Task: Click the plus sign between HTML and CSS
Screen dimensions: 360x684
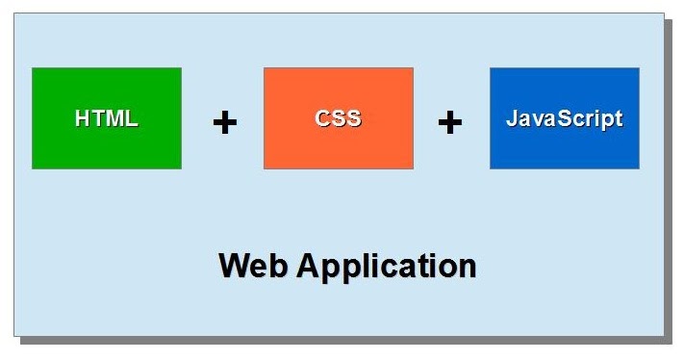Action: click(224, 122)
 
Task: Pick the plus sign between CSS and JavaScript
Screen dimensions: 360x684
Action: click(450, 122)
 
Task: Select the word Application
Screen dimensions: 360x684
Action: click(386, 266)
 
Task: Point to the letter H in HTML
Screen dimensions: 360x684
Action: click(83, 118)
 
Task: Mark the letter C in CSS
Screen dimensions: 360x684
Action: click(322, 118)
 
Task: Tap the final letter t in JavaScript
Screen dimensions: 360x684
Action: click(618, 118)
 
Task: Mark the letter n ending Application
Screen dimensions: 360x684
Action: click(467, 267)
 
